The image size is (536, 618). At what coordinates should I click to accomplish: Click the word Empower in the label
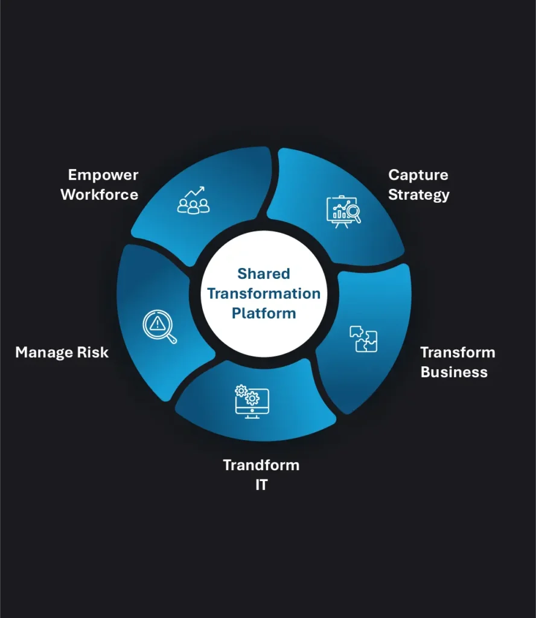tap(103, 175)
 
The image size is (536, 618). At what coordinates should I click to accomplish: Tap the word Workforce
tap(100, 195)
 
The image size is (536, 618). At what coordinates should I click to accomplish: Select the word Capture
tap(418, 175)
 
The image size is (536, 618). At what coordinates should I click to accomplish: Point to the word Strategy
tap(418, 195)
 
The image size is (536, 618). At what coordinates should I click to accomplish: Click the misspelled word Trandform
tap(261, 465)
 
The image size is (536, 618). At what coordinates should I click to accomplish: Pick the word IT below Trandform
tap(261, 485)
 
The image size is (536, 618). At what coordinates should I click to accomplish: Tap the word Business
tap(454, 372)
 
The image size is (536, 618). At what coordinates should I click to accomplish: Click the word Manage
tap(44, 352)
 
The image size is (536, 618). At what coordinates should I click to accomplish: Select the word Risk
tap(92, 352)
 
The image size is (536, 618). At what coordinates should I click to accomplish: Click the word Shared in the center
tap(263, 274)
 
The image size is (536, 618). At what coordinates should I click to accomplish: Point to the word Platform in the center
tap(264, 313)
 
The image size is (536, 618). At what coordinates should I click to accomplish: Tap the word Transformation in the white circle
tap(264, 294)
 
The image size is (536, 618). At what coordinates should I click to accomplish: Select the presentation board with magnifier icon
tap(343, 211)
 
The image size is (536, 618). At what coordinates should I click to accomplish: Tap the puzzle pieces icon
tap(363, 339)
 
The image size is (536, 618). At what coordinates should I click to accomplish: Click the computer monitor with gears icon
tap(252, 401)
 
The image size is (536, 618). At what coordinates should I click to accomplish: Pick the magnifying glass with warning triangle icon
tap(159, 327)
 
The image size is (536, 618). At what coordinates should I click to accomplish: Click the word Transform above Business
tap(457, 352)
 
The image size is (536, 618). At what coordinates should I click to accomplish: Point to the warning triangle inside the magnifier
tap(157, 323)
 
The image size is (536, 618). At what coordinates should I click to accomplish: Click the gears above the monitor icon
tap(247, 395)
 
